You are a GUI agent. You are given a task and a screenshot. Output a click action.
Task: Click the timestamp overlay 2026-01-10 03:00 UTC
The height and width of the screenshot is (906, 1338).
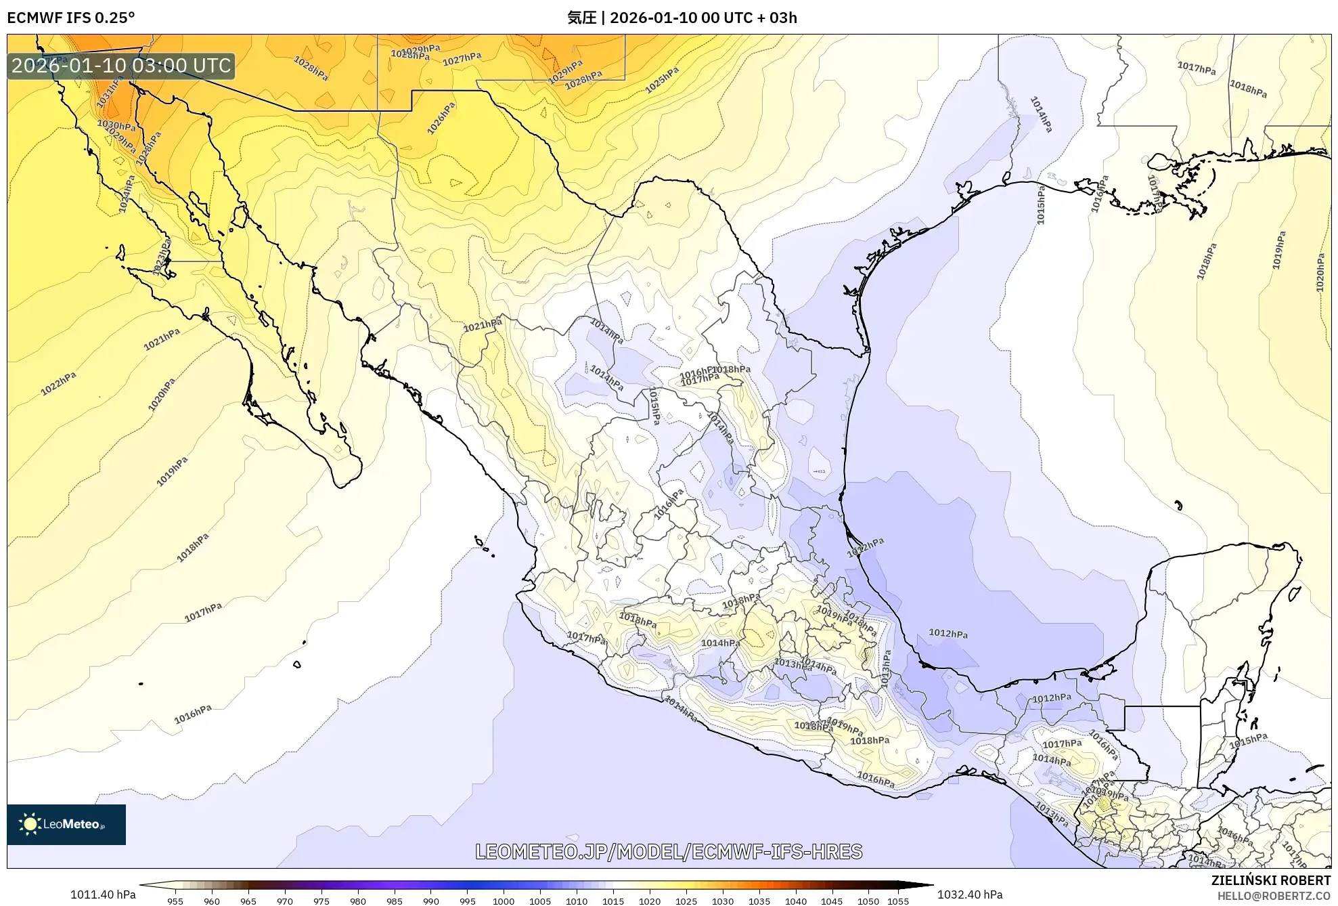tap(122, 66)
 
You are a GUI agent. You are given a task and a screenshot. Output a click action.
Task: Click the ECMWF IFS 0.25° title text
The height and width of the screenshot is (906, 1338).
tap(70, 18)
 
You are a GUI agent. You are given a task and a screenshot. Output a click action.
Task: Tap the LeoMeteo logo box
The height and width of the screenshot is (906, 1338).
tap(66, 824)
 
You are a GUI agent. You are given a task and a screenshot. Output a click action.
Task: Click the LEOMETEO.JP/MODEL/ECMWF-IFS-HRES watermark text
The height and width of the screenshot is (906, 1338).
tap(669, 851)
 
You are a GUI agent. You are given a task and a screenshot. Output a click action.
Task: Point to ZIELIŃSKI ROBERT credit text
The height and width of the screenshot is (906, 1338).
tap(1270, 880)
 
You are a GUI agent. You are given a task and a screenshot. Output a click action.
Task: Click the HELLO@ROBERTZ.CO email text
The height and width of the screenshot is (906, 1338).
tap(1274, 896)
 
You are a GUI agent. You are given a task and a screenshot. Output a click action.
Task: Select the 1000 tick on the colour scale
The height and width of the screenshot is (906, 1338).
tap(503, 901)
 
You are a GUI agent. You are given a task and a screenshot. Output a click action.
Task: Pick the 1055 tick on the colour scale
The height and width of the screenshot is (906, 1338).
tap(897, 901)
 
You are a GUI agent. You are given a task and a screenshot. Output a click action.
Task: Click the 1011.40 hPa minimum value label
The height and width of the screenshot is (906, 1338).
tap(103, 894)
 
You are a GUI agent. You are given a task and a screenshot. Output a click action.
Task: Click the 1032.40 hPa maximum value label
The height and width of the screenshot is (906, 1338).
tap(969, 894)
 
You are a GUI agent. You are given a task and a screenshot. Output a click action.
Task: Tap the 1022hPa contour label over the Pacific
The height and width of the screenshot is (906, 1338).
tap(58, 383)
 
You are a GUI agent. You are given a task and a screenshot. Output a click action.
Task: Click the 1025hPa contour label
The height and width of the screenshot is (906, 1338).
tap(661, 80)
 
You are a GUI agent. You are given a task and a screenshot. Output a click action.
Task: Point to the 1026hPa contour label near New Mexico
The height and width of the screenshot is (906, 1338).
tap(441, 118)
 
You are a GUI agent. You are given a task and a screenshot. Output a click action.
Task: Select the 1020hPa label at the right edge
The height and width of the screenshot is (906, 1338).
tap(1320, 273)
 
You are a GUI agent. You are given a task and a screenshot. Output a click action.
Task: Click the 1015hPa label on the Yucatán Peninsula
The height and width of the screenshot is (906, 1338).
tap(1248, 740)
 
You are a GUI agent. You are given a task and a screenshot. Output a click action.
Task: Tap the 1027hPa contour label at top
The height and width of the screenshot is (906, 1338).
tap(462, 60)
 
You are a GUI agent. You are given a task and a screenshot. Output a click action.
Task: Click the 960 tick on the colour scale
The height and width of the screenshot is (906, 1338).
tap(211, 901)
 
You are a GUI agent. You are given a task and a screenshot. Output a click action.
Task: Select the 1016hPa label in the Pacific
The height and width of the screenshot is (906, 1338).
tap(193, 714)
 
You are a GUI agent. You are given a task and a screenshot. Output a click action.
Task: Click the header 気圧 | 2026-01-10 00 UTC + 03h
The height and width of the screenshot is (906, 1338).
tap(682, 18)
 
